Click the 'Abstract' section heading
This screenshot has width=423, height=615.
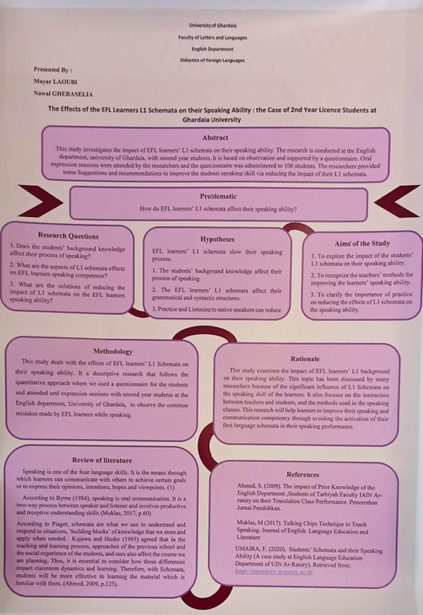click(215, 138)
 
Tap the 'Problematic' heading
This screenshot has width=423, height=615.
click(218, 196)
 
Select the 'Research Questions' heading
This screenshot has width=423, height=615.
click(68, 235)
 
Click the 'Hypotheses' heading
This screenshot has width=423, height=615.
click(217, 239)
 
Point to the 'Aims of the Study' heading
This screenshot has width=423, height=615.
click(362, 244)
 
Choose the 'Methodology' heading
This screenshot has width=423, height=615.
click(113, 351)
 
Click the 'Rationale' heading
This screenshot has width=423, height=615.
click(305, 359)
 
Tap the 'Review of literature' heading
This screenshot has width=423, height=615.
click(102, 460)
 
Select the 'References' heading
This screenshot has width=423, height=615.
click(303, 474)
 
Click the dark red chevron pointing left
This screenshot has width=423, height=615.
click(397, 201)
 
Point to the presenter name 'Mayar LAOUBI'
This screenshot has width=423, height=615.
click(55, 82)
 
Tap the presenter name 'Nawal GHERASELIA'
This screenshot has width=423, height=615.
click(63, 94)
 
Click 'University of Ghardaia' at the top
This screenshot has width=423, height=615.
click(212, 25)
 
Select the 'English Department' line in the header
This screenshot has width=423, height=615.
click(212, 49)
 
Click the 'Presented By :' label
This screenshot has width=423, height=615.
click(52, 70)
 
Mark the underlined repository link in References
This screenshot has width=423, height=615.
click(274, 572)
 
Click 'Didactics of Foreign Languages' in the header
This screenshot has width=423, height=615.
click(212, 61)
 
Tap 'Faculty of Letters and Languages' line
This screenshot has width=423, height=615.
click(212, 38)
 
